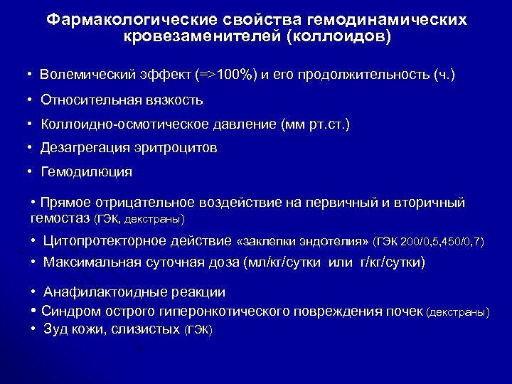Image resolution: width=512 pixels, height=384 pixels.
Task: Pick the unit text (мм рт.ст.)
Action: point(316,124)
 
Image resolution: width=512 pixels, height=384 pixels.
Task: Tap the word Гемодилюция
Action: point(87,172)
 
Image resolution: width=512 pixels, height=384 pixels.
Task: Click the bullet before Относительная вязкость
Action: point(31,100)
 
